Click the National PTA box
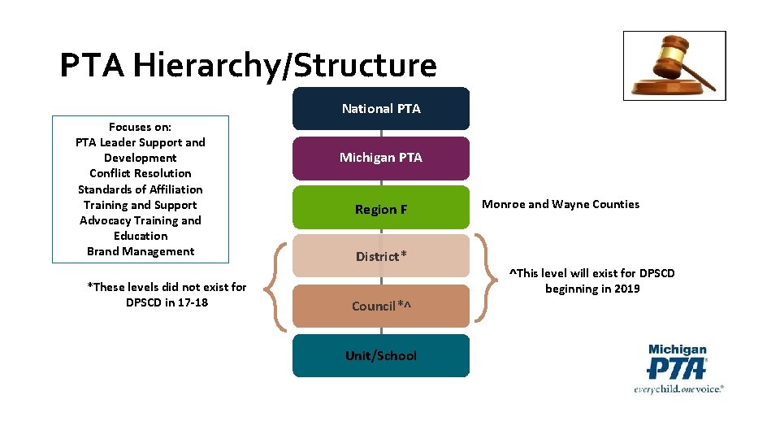point(381,108)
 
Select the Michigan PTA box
point(381,158)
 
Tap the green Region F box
point(381,209)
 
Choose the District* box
point(381,256)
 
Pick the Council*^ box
point(381,306)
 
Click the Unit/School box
point(381,355)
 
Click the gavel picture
point(674,66)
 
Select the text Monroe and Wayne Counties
point(561,204)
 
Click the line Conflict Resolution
point(141,173)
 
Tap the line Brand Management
point(141,251)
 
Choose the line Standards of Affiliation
point(141,189)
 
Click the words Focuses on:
point(141,127)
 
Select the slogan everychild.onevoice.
point(678,389)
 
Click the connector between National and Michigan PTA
point(381,133)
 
